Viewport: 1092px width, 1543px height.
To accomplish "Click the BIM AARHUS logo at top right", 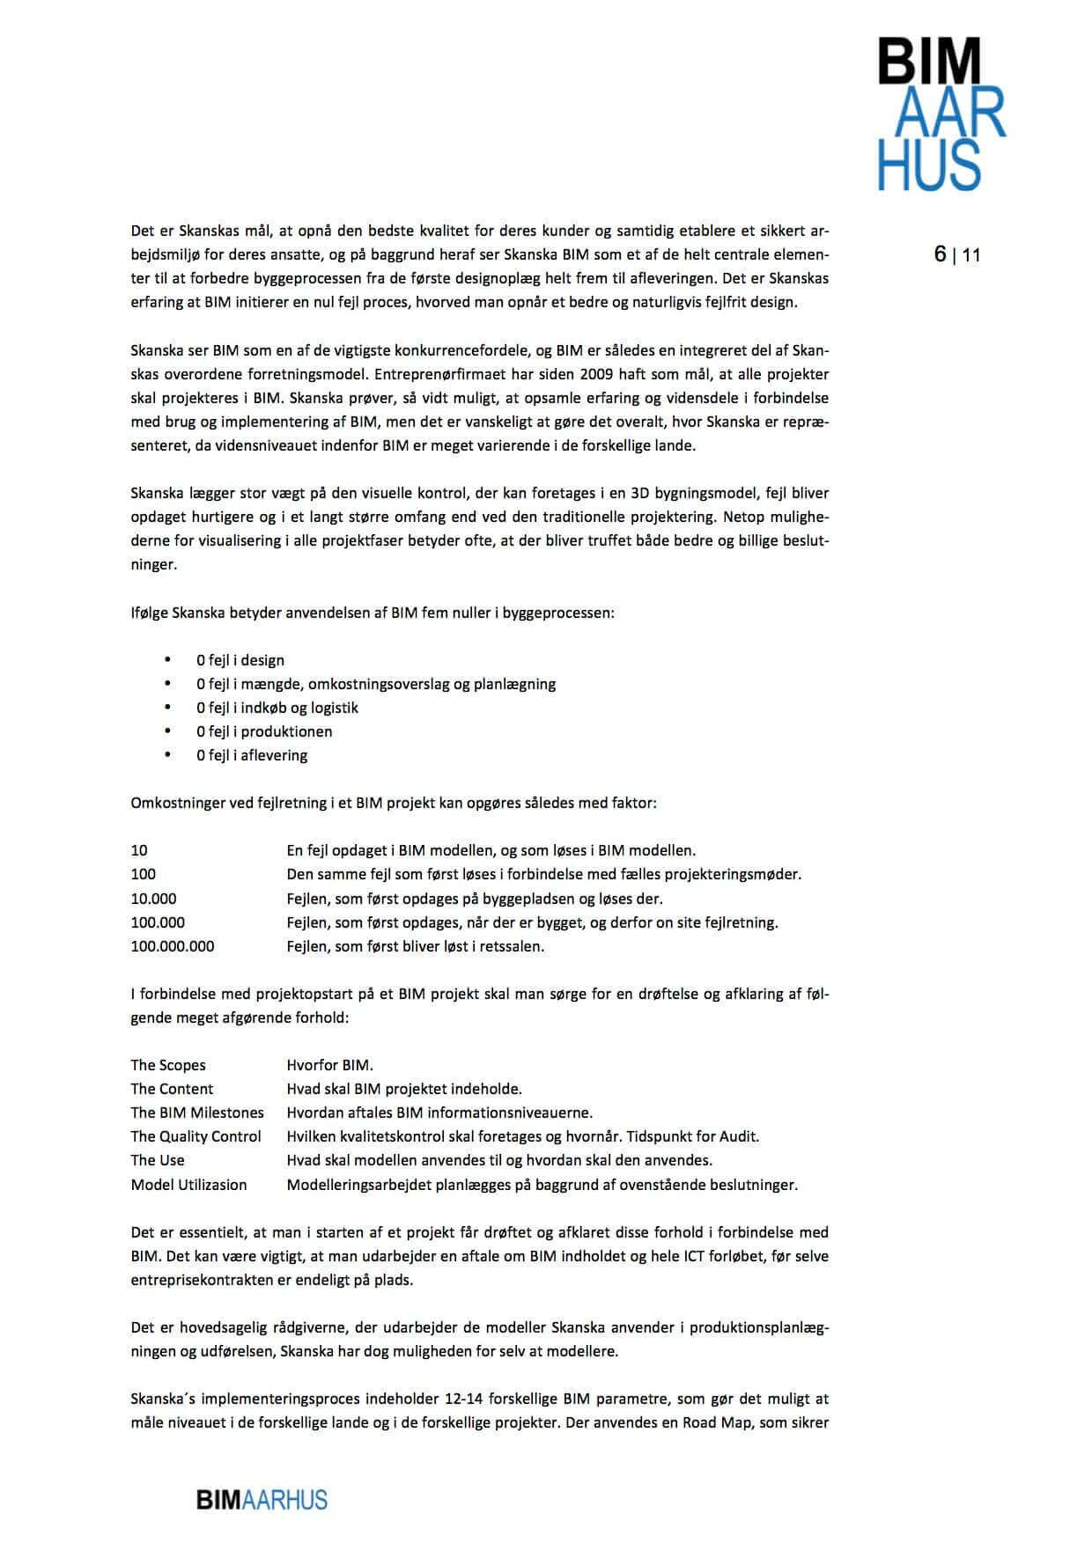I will (941, 114).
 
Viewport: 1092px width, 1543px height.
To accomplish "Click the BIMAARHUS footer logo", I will (262, 1500).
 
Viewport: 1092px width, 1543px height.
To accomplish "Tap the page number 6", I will (940, 254).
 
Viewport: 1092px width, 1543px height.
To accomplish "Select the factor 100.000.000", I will (173, 947).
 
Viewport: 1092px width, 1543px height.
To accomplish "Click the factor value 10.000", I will (154, 899).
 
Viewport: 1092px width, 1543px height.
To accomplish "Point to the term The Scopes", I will (168, 1065).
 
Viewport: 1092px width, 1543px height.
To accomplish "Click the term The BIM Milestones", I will (197, 1113).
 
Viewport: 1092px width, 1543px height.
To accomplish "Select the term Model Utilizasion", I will (189, 1185).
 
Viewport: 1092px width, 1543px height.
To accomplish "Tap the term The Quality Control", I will (196, 1136).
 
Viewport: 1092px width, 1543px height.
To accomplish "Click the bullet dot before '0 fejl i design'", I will (167, 659).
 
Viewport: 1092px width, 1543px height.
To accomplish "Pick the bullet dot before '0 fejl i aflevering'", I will (167, 754).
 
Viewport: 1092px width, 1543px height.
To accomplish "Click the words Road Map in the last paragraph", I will (714, 1422).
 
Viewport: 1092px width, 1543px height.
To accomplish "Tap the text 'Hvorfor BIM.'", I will (330, 1065).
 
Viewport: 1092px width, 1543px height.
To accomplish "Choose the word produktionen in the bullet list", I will (287, 731).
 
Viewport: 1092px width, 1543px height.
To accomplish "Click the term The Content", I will (172, 1089).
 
